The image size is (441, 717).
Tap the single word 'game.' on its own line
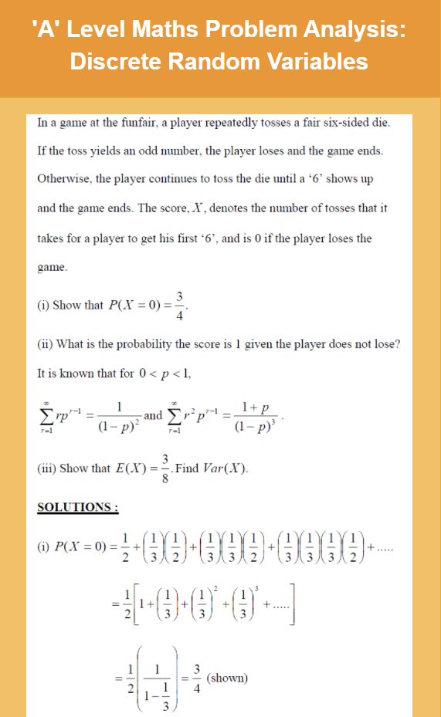coord(53,268)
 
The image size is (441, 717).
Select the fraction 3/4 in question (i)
coord(179,303)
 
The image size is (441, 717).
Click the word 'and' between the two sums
coord(154,415)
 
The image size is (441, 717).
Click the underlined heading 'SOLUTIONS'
coord(78,507)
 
